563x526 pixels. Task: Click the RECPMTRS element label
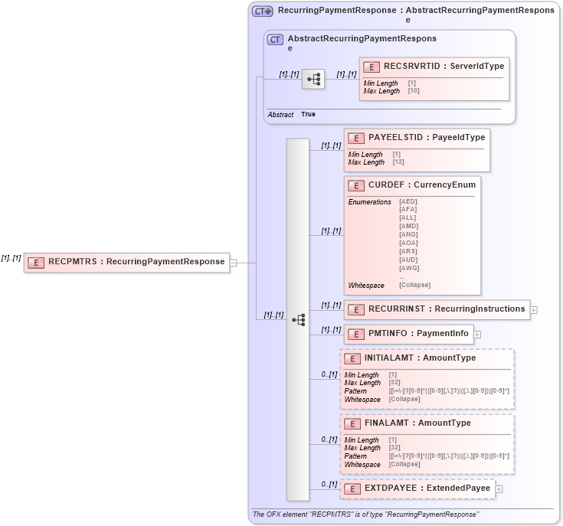click(x=136, y=262)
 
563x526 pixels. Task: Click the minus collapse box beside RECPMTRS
click(x=234, y=262)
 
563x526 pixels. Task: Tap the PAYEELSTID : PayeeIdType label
click(x=426, y=138)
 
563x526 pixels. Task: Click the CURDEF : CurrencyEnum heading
click(x=421, y=185)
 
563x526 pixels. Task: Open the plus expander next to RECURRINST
click(x=534, y=310)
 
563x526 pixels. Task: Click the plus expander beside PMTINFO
click(x=477, y=334)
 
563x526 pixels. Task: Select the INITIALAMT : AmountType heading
click(x=420, y=358)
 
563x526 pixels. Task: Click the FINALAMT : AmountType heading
click(x=417, y=423)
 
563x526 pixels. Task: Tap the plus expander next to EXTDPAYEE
click(x=499, y=488)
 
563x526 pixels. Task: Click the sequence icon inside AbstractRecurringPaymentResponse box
click(x=313, y=79)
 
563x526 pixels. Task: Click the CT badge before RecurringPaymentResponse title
click(x=263, y=11)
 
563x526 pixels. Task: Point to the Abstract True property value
click(x=308, y=114)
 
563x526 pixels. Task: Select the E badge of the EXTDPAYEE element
click(x=352, y=488)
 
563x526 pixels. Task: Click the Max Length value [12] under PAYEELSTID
click(x=398, y=162)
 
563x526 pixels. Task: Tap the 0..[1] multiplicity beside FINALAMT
click(x=329, y=440)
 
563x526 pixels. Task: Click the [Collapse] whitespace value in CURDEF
click(x=414, y=286)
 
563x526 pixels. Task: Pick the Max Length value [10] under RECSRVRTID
click(x=414, y=91)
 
